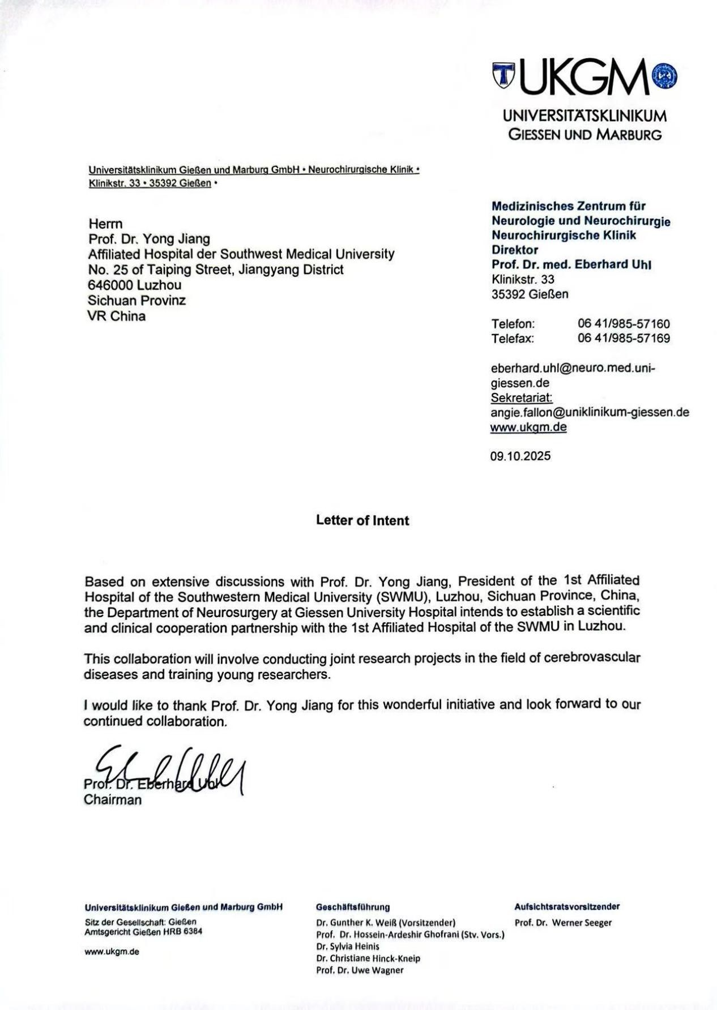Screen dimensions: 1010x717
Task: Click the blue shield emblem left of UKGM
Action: tap(503, 76)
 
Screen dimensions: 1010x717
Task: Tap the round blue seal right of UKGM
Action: tap(665, 76)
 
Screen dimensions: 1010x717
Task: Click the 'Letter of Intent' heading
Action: tap(362, 520)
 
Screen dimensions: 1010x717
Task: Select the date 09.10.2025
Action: tap(520, 456)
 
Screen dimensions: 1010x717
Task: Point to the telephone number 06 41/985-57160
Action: tap(624, 324)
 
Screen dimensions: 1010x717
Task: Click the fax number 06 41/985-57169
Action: tap(624, 339)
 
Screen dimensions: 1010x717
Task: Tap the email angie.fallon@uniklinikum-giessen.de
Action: tap(590, 412)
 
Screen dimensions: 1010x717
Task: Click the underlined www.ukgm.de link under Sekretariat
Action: tap(528, 427)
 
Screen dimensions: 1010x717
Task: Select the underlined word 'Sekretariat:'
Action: tap(522, 397)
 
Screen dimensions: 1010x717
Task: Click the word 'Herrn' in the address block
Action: tap(105, 224)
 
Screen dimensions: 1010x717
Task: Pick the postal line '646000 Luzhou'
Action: tap(135, 285)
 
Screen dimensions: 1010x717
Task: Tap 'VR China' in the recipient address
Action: tap(116, 316)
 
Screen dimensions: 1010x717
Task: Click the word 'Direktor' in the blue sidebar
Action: tap(515, 250)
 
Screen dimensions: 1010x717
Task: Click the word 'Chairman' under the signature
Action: tap(113, 800)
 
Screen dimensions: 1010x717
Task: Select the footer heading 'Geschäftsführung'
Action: tap(353, 907)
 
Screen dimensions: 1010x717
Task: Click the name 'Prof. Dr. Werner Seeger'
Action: tap(563, 923)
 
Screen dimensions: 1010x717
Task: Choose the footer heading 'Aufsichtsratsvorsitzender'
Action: tap(567, 906)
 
